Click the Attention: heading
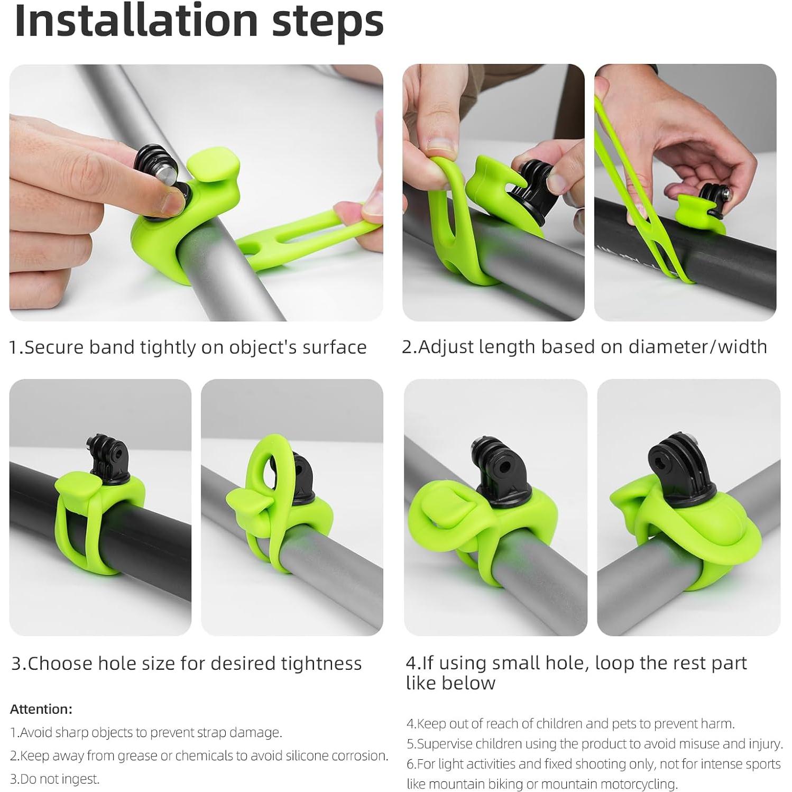point(41,709)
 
